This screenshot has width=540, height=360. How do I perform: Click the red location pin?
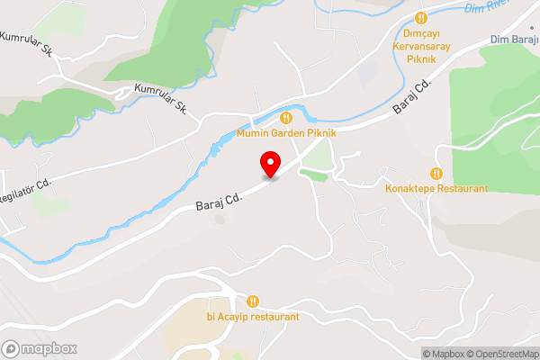click(269, 164)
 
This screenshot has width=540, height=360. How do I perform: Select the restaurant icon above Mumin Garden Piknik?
click(286, 117)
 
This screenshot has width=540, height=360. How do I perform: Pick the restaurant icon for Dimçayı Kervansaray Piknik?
click(419, 18)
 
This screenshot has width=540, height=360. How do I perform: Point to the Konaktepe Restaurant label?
click(436, 189)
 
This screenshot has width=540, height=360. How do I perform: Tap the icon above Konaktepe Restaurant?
click(436, 173)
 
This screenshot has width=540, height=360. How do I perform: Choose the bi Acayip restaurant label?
click(253, 317)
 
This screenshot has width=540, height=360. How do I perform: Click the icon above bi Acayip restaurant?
click(253, 301)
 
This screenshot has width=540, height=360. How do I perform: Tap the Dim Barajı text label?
click(514, 40)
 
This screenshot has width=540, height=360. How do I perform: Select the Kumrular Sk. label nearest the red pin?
click(159, 99)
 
